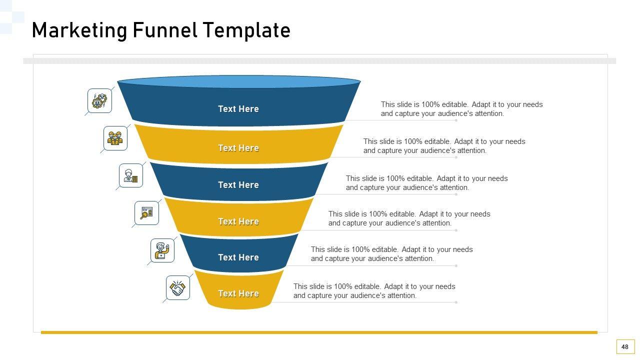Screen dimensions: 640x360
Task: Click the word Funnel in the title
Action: click(x=165, y=30)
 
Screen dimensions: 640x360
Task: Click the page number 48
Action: click(x=625, y=347)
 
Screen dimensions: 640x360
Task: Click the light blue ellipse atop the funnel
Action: click(x=239, y=81)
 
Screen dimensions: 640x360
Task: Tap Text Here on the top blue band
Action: click(x=238, y=109)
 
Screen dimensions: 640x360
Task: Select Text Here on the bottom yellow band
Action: click(x=238, y=293)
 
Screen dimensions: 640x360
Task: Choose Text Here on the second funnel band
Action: click(x=238, y=148)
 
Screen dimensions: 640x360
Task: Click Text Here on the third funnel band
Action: click(x=238, y=185)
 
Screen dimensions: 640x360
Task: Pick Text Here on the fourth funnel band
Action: click(x=238, y=221)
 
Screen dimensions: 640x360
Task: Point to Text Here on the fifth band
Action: click(x=238, y=257)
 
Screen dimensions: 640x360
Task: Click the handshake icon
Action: click(x=177, y=288)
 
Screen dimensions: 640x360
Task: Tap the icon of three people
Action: click(x=115, y=138)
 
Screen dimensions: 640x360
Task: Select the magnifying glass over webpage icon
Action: click(x=146, y=213)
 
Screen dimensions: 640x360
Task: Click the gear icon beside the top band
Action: click(x=99, y=101)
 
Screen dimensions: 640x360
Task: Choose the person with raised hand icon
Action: click(x=162, y=250)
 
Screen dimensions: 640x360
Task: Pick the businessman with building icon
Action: click(x=131, y=175)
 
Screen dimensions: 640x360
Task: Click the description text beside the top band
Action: click(x=461, y=109)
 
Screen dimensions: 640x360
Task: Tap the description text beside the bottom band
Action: click(x=374, y=291)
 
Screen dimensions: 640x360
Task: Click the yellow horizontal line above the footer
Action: click(x=319, y=332)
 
